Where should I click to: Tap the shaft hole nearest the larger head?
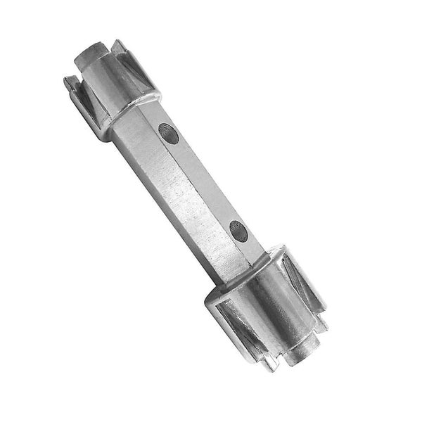(239, 229)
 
